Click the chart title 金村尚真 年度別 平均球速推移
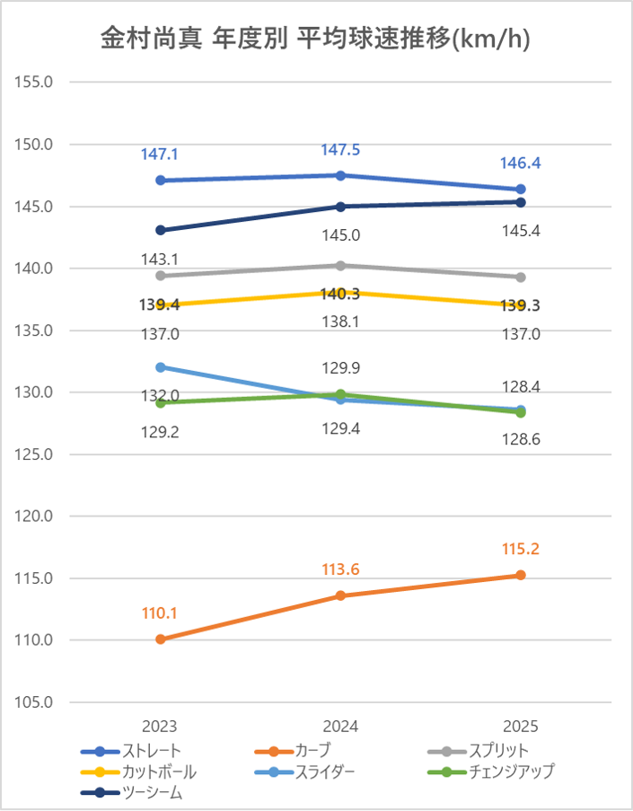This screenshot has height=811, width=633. pyautogui.click(x=314, y=39)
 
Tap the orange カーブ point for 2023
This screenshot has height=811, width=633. pyautogui.click(x=161, y=639)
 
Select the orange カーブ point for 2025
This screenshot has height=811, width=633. pyautogui.click(x=521, y=575)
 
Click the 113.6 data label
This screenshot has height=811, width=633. pyautogui.click(x=340, y=569)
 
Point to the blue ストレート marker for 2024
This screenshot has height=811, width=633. pyautogui.click(x=340, y=175)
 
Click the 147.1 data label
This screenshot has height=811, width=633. pyautogui.click(x=160, y=154)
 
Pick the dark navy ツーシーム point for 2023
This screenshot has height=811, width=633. pyautogui.click(x=161, y=230)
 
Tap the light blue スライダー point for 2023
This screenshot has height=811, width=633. pyautogui.click(x=161, y=366)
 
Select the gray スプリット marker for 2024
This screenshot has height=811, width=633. pyautogui.click(x=340, y=266)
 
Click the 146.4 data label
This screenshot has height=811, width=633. pyautogui.click(x=521, y=163)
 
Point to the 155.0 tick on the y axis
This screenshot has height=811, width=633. pyautogui.click(x=36, y=82)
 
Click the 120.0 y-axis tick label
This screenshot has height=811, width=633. pyautogui.click(x=36, y=516)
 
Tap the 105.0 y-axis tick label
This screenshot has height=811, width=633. pyautogui.click(x=36, y=702)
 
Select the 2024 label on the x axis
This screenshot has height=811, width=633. pyautogui.click(x=340, y=726)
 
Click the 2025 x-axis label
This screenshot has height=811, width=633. pyautogui.click(x=521, y=726)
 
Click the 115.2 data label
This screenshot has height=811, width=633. pyautogui.click(x=521, y=549)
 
